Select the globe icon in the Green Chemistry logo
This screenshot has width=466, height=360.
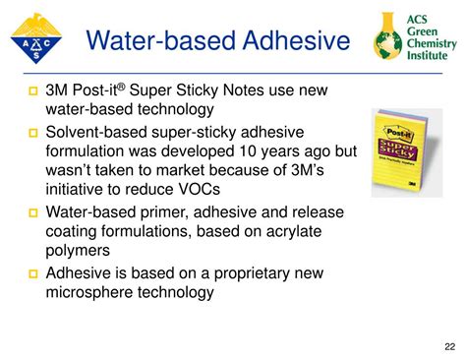[388, 42]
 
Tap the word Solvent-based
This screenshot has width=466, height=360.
[102, 133]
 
